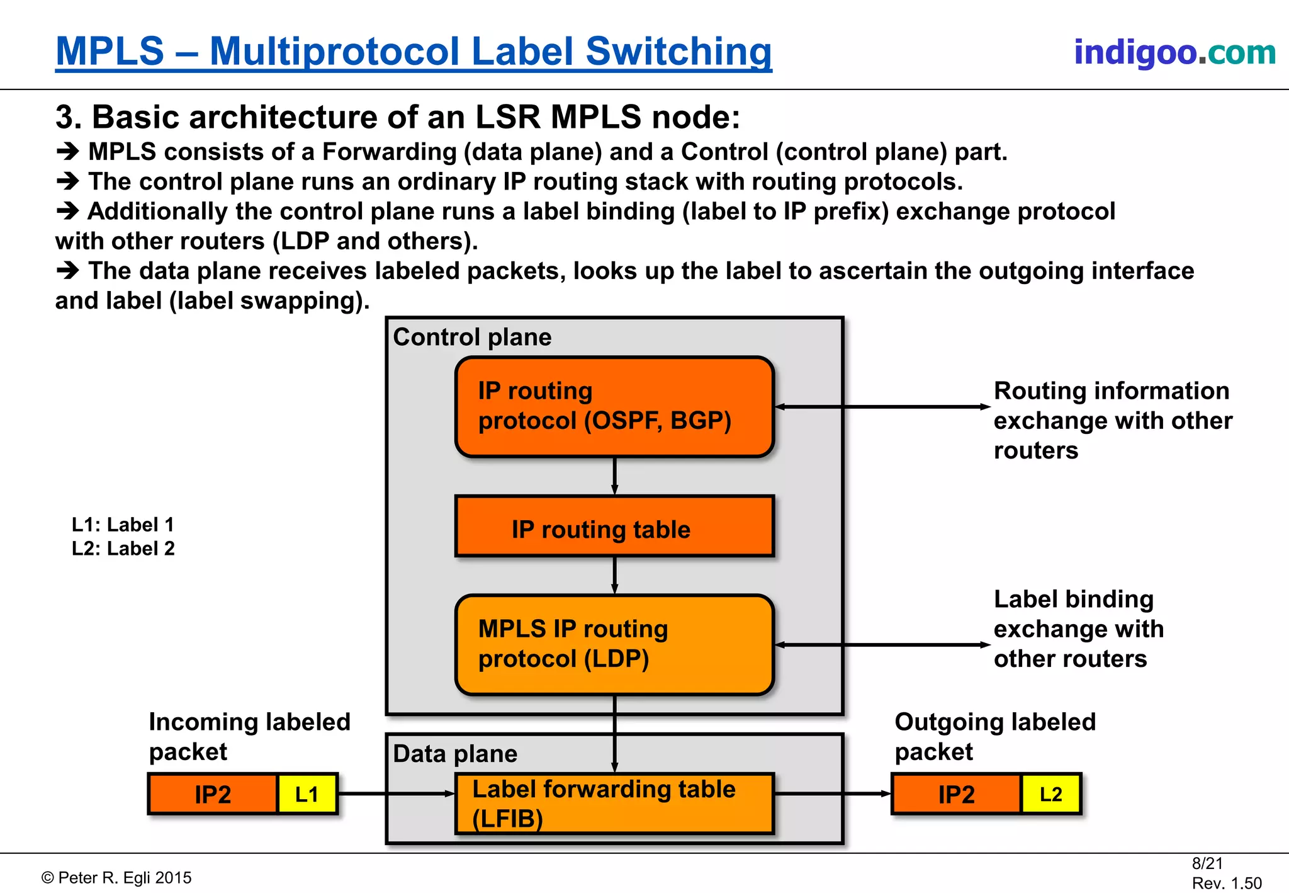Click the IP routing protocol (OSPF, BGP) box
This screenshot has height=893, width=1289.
[x=614, y=406]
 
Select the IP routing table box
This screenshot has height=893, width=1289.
[x=614, y=527]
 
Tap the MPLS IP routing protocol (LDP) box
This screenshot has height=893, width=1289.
[x=614, y=644]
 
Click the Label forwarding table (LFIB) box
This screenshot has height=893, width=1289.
[x=614, y=804]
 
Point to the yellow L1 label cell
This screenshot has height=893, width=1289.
[x=307, y=794]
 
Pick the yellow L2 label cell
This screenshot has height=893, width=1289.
[x=1050, y=794]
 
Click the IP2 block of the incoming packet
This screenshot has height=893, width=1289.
[x=213, y=794]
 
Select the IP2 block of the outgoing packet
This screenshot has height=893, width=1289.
[x=956, y=794]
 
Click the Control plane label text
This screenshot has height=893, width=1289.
[x=472, y=337]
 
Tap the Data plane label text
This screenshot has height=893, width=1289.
[x=455, y=754]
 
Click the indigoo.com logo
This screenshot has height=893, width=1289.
[x=1174, y=52]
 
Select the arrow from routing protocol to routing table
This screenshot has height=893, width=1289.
[x=615, y=476]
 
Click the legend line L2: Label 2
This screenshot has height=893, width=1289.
[x=123, y=549]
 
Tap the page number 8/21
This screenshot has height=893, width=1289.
[x=1207, y=863]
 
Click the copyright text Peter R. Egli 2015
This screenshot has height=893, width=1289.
[x=117, y=878]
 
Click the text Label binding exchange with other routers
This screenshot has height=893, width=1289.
[x=1078, y=629]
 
